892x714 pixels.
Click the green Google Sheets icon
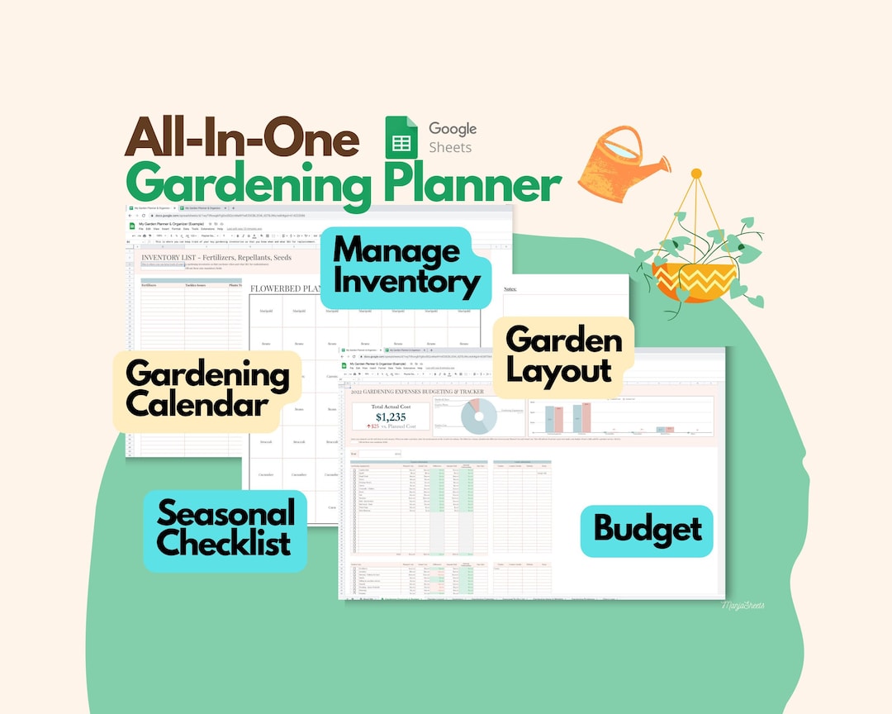click(401, 137)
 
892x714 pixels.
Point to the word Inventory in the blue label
click(406, 283)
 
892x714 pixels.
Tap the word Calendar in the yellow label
click(197, 405)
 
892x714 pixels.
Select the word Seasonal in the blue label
click(225, 513)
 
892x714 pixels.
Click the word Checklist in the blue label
click(223, 543)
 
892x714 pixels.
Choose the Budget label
click(648, 530)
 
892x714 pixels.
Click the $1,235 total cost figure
click(391, 416)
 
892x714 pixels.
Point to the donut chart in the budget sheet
click(479, 416)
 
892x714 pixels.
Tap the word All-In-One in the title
click(242, 138)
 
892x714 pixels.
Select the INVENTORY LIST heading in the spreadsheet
click(216, 257)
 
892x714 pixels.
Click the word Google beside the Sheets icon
click(452, 129)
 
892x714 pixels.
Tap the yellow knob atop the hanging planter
click(696, 174)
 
